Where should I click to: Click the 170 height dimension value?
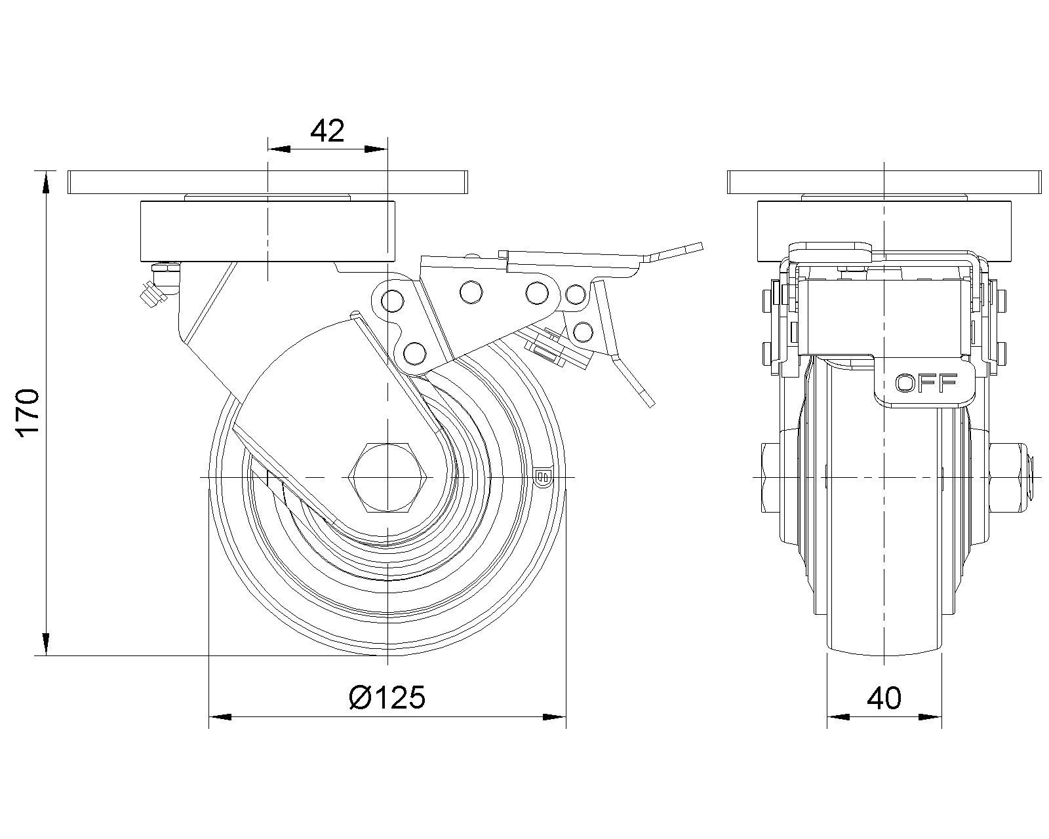[28, 413]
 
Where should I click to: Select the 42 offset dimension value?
[328, 130]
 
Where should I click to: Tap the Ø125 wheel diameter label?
[387, 697]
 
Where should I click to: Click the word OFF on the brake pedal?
[926, 383]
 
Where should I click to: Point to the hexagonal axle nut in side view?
[387, 478]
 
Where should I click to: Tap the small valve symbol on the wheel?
[543, 477]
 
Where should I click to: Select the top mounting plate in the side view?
[267, 182]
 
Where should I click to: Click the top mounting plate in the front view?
[884, 182]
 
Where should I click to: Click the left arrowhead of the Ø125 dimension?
[220, 717]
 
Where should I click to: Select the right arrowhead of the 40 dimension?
[930, 717]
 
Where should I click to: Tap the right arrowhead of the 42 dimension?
[376, 149]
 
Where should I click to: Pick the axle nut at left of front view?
[770, 478]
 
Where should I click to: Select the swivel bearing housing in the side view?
[267, 231]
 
